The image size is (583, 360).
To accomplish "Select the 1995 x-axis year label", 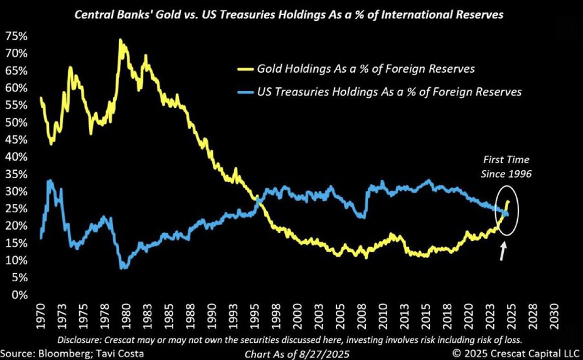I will [257, 317].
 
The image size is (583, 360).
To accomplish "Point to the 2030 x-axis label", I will [556, 317].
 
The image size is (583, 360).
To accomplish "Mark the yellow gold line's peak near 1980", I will [120, 40].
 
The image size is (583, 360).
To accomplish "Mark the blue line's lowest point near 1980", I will [124, 267].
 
